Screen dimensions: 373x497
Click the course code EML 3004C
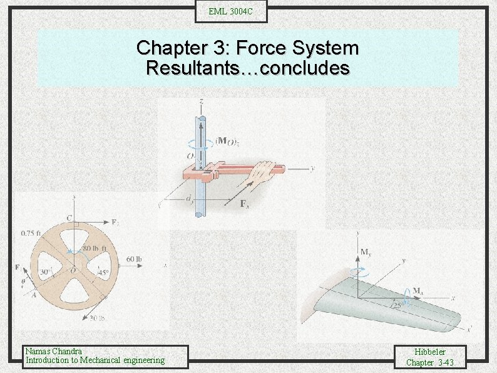(231, 11)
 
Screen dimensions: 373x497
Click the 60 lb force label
(135, 259)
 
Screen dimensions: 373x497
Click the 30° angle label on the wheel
(45, 272)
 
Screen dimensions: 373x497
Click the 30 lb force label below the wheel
(97, 318)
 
